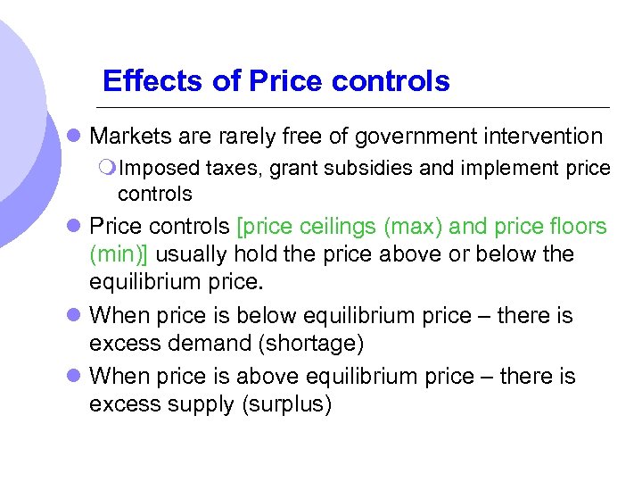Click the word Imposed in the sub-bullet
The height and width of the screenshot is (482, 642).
click(x=158, y=168)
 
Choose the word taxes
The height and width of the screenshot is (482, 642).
click(x=233, y=168)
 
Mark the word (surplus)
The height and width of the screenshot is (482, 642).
click(x=287, y=404)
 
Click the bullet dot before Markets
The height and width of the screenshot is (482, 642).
click(x=75, y=137)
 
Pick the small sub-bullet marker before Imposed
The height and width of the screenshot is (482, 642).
click(x=108, y=168)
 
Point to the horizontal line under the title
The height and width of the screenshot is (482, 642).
click(x=357, y=107)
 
